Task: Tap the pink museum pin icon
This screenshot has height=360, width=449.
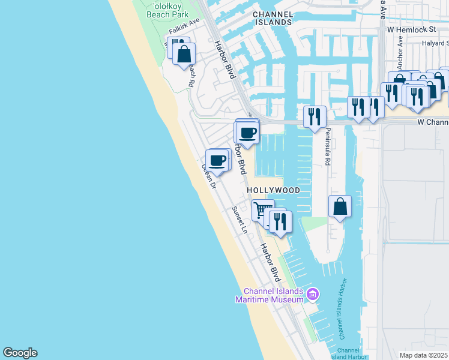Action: click(312, 294)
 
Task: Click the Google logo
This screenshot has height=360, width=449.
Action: click(20, 353)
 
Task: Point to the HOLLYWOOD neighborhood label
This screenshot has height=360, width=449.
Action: click(274, 190)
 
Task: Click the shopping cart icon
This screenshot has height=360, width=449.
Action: click(262, 211)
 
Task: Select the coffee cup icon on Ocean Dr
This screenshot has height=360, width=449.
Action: click(218, 160)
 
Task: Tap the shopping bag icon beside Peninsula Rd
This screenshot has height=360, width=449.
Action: click(340, 206)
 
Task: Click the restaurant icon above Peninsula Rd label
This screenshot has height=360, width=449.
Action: click(315, 116)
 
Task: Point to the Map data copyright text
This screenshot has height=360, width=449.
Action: click(424, 355)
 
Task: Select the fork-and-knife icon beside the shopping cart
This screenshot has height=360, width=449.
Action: click(280, 221)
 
